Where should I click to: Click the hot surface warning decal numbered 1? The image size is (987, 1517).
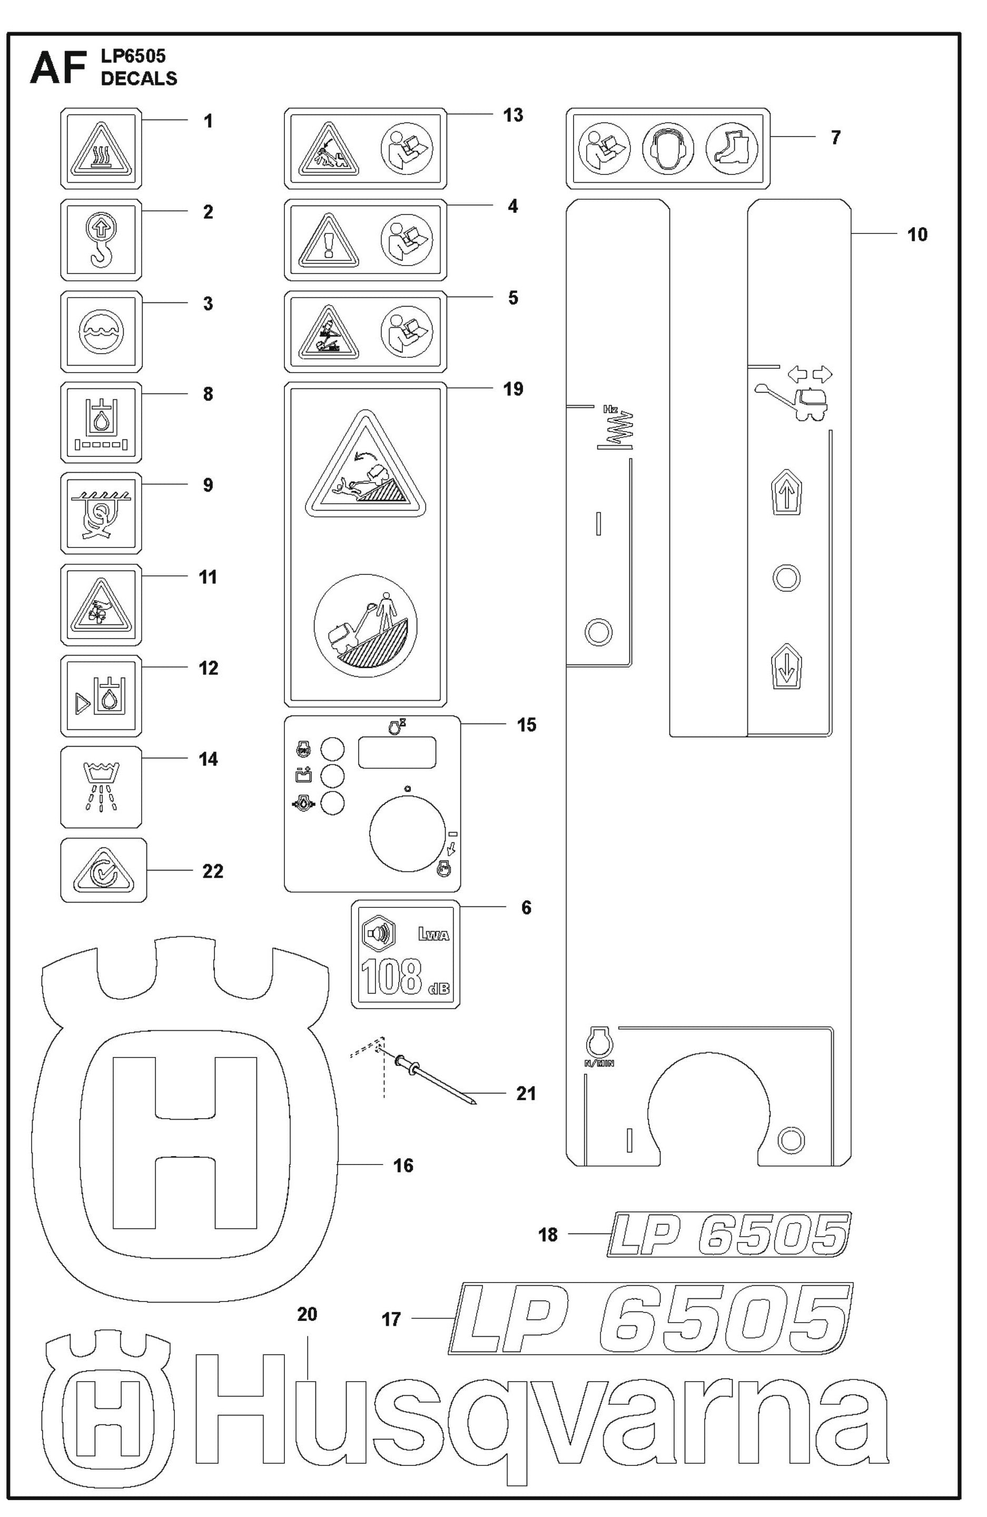point(101,149)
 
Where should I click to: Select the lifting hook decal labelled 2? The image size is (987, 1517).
point(101,240)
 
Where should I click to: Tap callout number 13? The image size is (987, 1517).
point(512,115)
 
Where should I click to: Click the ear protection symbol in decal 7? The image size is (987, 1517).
point(667,149)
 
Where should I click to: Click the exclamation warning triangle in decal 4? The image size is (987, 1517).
point(329,241)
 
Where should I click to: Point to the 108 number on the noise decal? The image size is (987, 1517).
point(391,977)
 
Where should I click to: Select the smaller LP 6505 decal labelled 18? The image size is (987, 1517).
point(728,1235)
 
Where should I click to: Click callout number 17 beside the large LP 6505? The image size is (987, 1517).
point(391,1319)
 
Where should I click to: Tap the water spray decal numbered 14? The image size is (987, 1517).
point(101,787)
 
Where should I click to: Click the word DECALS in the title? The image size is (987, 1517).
point(139,79)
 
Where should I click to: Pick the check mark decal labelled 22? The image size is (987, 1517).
point(103,870)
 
